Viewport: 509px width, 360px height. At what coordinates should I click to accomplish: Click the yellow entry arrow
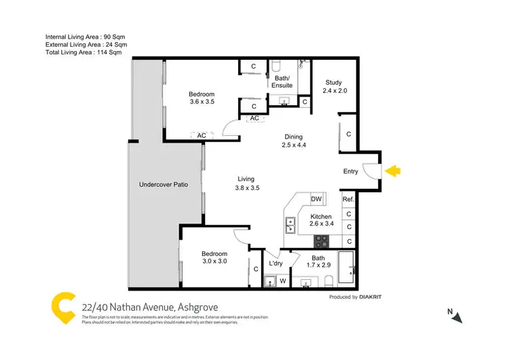pyautogui.click(x=392, y=172)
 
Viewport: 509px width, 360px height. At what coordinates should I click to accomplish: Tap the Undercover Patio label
pyautogui.click(x=164, y=184)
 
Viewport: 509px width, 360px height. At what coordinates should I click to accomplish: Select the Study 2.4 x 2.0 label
pyautogui.click(x=335, y=87)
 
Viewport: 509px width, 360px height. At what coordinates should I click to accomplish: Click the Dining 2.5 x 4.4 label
pyautogui.click(x=293, y=141)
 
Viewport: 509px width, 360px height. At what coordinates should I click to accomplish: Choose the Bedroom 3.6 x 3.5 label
pyautogui.click(x=202, y=98)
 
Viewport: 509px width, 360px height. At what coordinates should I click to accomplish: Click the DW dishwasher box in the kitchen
pyautogui.click(x=316, y=199)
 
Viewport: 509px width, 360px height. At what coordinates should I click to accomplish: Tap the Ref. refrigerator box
pyautogui.click(x=348, y=199)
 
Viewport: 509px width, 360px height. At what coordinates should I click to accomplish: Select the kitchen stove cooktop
pyautogui.click(x=321, y=241)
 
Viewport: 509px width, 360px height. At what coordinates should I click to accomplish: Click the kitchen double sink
pyautogui.click(x=290, y=224)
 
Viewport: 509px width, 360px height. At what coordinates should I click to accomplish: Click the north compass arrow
pyautogui.click(x=458, y=317)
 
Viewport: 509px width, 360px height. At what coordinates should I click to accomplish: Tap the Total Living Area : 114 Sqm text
pyautogui.click(x=83, y=52)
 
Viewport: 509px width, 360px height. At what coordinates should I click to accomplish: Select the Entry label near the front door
pyautogui.click(x=350, y=172)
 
